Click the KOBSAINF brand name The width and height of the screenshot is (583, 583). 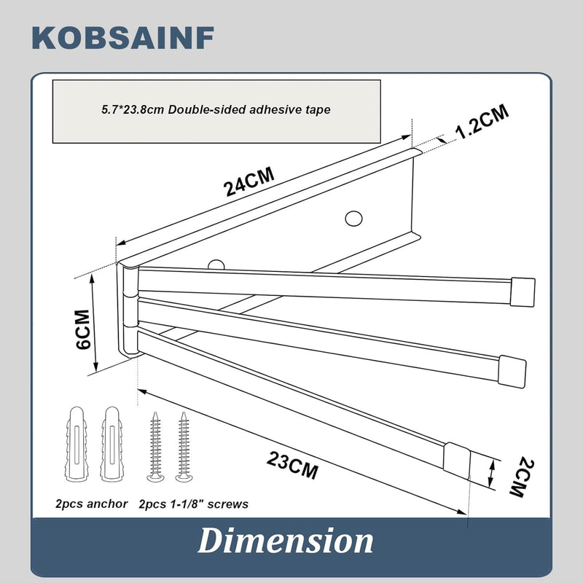tap(123, 38)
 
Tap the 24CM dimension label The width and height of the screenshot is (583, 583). tap(249, 181)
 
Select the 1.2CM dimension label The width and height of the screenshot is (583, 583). tap(482, 121)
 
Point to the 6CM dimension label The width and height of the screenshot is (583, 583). tap(83, 329)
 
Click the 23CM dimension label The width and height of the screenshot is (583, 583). tap(292, 465)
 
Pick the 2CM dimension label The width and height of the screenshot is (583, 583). tap(522, 478)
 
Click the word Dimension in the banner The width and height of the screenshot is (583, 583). tap(286, 541)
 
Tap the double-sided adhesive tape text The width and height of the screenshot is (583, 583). tap(216, 110)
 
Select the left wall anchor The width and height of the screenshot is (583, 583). tap(77, 444)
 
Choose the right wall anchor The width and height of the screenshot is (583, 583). tap(111, 444)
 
